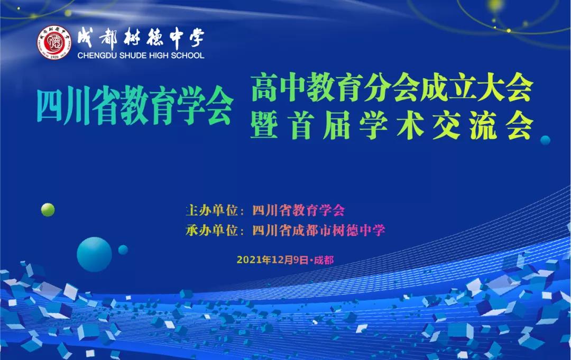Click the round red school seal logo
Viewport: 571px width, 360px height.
(54, 43)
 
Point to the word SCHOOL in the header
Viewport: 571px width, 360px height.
(187, 56)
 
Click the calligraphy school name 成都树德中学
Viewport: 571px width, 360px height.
(141, 39)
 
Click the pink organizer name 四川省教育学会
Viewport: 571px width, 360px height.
(298, 210)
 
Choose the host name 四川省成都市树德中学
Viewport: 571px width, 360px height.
(319, 230)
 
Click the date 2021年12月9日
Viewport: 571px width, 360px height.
(273, 260)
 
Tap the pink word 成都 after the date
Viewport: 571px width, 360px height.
(324, 260)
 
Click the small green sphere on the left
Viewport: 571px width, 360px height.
(48, 210)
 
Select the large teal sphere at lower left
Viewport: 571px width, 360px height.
(94, 254)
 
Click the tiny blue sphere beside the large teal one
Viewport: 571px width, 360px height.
(123, 250)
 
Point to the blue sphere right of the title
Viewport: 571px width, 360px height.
(545, 140)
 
